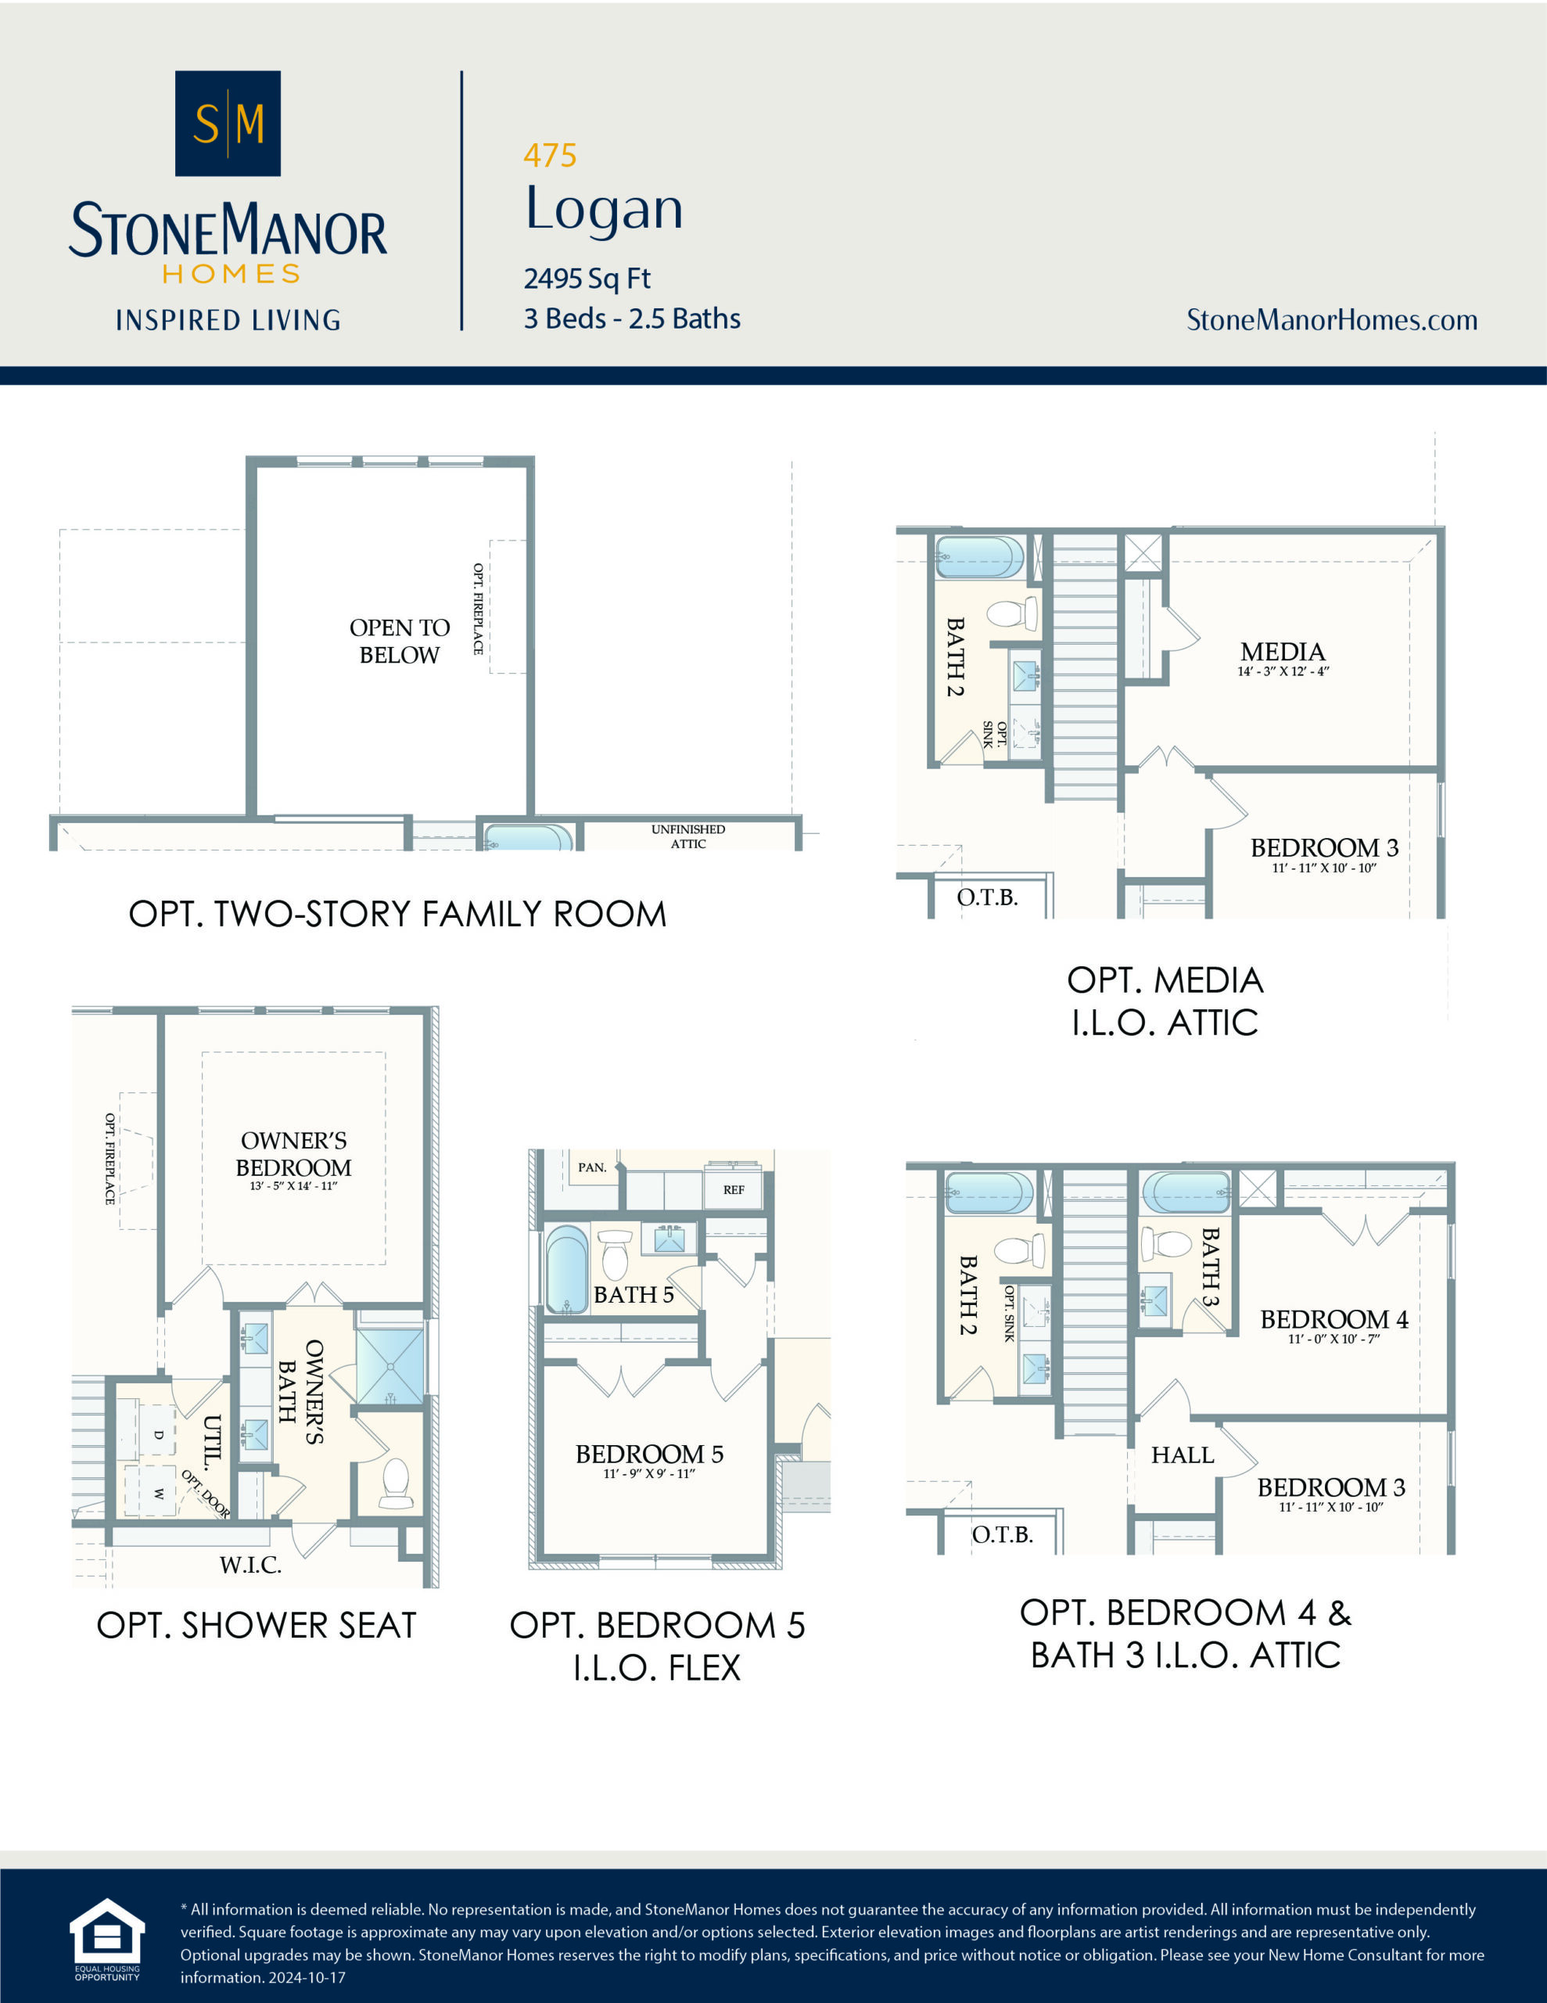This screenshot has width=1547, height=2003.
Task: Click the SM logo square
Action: pos(228,123)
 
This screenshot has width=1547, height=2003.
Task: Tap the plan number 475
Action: pos(549,156)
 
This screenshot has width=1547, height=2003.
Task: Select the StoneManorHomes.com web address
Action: pos(1331,320)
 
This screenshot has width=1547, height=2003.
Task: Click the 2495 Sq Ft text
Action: pos(587,278)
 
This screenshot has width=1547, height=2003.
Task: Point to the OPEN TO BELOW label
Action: pos(399,641)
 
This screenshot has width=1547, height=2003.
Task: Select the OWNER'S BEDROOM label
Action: pos(293,1154)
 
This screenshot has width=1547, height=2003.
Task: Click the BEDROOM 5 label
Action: pos(649,1454)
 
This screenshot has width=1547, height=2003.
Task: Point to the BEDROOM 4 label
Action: pos(1333,1319)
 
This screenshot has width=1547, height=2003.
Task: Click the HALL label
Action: pos(1182,1455)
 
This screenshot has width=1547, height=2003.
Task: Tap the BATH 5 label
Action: pos(633,1294)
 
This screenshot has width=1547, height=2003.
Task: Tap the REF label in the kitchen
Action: pos(734,1189)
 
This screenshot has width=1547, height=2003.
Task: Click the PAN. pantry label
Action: pos(591,1167)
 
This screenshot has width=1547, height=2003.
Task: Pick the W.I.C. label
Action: pos(250,1565)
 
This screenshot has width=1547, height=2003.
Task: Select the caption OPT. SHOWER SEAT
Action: pos(256,1625)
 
